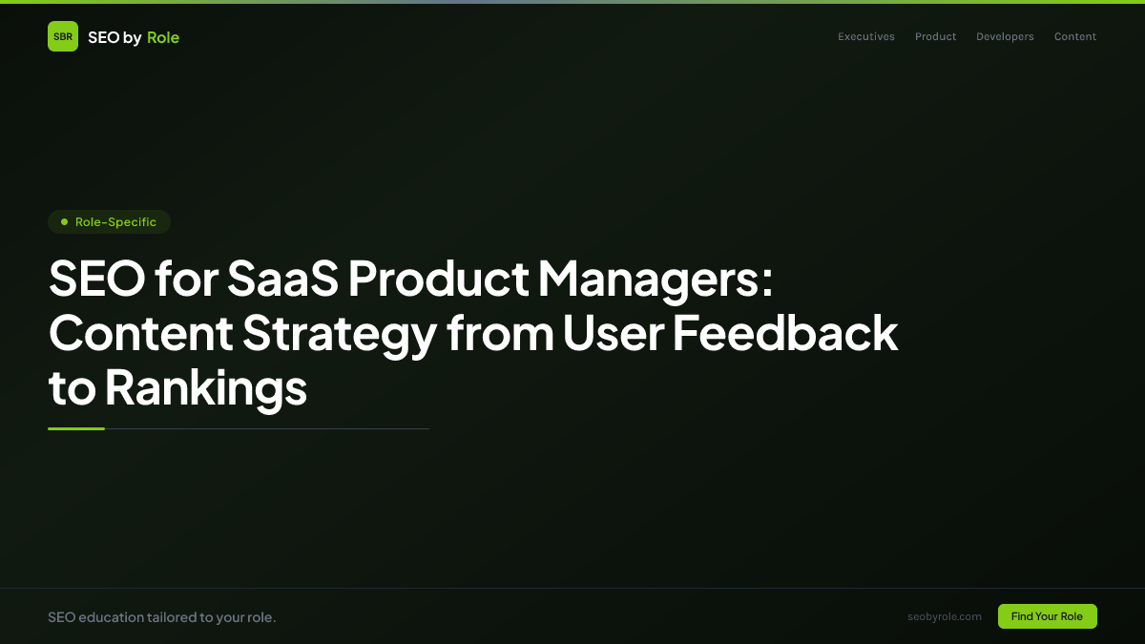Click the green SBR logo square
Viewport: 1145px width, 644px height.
point(63,36)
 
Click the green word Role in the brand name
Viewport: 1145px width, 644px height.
point(163,37)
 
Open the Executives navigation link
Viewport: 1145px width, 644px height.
point(866,37)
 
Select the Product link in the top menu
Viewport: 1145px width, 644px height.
point(935,37)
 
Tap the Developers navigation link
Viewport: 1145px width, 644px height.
point(1005,37)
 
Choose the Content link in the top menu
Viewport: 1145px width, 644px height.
point(1075,37)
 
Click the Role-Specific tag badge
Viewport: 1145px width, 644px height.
point(109,222)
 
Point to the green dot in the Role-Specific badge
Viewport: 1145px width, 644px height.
point(64,222)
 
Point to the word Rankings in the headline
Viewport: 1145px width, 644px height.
point(205,388)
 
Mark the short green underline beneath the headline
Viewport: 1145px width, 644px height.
point(76,428)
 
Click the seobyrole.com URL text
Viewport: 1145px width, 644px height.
point(945,616)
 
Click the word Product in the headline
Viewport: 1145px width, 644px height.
point(438,279)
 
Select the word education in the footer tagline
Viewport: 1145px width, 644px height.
point(111,617)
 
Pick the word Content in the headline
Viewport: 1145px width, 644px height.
point(140,334)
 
